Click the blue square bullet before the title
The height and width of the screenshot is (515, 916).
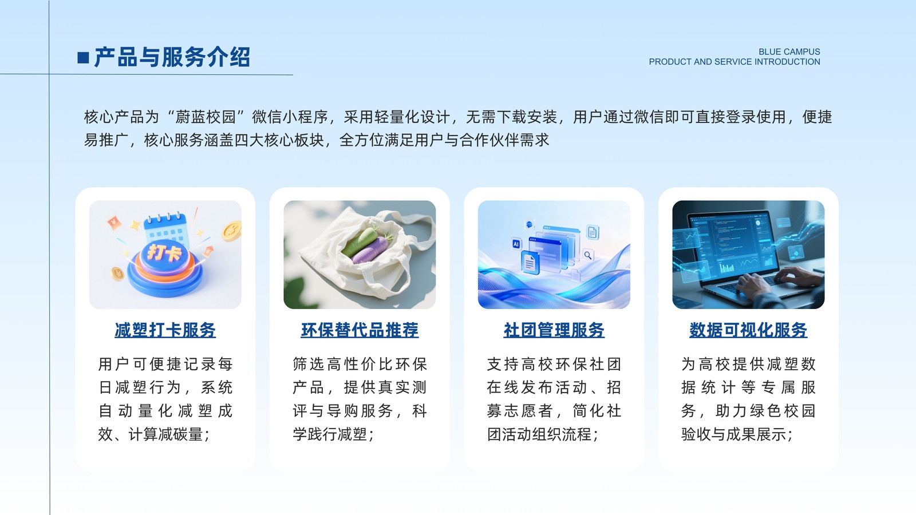tap(83, 58)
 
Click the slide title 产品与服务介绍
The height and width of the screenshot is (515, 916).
tap(172, 57)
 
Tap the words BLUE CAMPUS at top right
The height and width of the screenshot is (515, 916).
tap(789, 52)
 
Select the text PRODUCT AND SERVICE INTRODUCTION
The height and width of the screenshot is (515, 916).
tap(735, 62)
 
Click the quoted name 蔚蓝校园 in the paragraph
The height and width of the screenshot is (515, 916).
tap(206, 117)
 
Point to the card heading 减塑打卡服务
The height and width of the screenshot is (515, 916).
tap(165, 330)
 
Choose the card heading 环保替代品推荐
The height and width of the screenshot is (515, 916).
tap(360, 330)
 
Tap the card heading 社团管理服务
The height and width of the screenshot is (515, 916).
tap(554, 330)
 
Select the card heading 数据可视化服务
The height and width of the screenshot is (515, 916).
tap(748, 330)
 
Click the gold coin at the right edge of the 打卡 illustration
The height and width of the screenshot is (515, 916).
tap(232, 231)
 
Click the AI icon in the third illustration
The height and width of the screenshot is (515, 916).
tap(516, 244)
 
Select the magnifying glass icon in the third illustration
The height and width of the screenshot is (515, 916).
tap(588, 255)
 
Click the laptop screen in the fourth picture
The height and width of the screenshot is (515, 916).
tap(736, 247)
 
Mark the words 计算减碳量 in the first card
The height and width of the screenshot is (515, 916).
tap(165, 434)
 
